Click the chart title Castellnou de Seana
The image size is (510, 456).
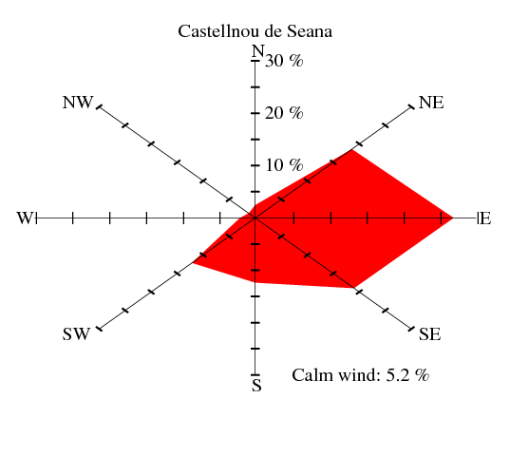pyautogui.click(x=255, y=31)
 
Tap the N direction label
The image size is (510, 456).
pyautogui.click(x=258, y=51)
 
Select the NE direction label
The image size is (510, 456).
pyautogui.click(x=431, y=103)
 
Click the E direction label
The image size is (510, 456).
pyautogui.click(x=485, y=218)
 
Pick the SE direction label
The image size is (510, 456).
pyautogui.click(x=429, y=334)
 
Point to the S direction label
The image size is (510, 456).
pyautogui.click(x=256, y=385)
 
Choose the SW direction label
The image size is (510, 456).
pyautogui.click(x=76, y=334)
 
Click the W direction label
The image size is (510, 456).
pyautogui.click(x=25, y=218)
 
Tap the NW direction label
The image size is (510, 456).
pyautogui.click(x=78, y=103)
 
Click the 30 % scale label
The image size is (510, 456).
pyautogui.click(x=284, y=61)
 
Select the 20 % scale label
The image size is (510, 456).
pyautogui.click(x=284, y=113)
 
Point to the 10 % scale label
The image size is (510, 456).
pyautogui.click(x=284, y=165)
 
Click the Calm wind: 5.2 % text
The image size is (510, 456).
pyautogui.click(x=360, y=375)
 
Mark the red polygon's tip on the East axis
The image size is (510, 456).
pyautogui.click(x=453, y=218)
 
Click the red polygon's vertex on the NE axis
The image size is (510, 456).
pyautogui.click(x=352, y=149)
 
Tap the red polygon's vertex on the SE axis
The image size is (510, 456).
pyautogui.click(x=354, y=288)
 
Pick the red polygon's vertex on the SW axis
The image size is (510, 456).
pyautogui.click(x=193, y=262)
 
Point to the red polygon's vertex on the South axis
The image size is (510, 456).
pyautogui.click(x=255, y=282)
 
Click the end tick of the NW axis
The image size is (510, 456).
pyautogui.click(x=99, y=107)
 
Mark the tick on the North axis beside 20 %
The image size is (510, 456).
pyautogui.click(x=255, y=113)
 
